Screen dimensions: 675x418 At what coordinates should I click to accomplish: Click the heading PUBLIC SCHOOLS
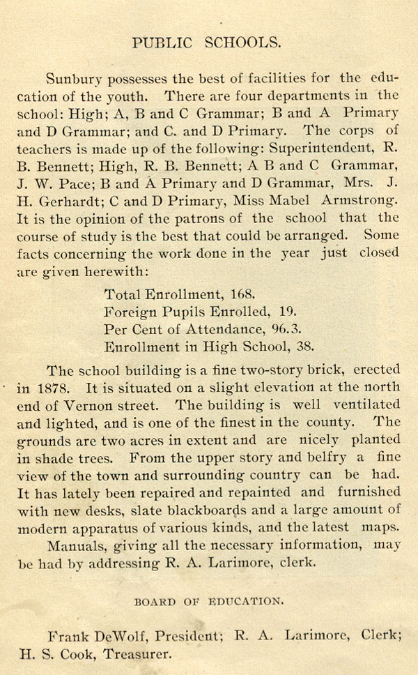[207, 42]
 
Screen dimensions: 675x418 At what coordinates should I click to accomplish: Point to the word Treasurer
[137, 655]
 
